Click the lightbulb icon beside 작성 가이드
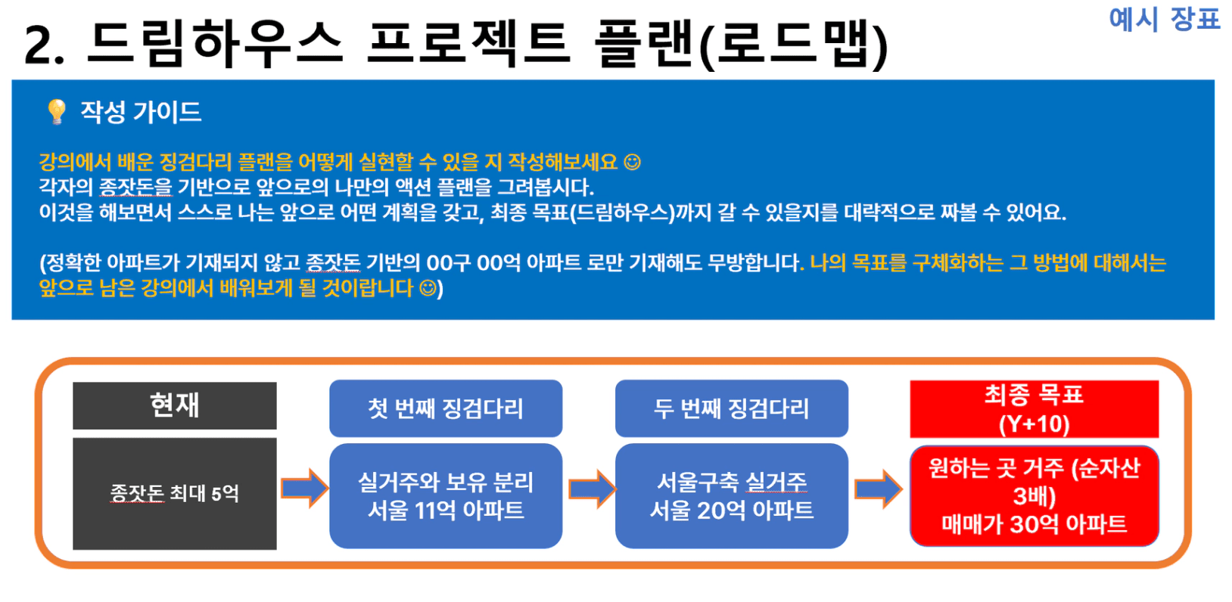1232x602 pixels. pyautogui.click(x=56, y=112)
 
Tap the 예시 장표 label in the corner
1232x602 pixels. pyautogui.click(x=1165, y=19)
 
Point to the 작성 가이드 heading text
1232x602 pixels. pyautogui.click(x=141, y=112)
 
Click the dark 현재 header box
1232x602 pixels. pyautogui.click(x=174, y=405)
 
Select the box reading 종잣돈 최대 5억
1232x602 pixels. pyautogui.click(x=174, y=494)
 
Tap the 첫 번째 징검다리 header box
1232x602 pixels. pyautogui.click(x=446, y=408)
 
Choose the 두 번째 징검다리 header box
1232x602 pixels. pyautogui.click(x=732, y=408)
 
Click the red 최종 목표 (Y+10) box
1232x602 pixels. pyautogui.click(x=1034, y=409)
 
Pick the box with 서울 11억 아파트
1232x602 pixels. pyautogui.click(x=446, y=496)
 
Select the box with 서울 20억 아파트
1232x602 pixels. pyautogui.click(x=732, y=496)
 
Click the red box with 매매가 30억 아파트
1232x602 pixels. pyautogui.click(x=1034, y=496)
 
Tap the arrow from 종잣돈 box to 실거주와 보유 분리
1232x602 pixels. pyautogui.click(x=304, y=488)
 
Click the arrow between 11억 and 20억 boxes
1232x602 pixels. pyautogui.click(x=592, y=489)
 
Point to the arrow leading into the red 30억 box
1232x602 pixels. pyautogui.click(x=878, y=489)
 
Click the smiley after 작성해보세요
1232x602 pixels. pyautogui.click(x=633, y=162)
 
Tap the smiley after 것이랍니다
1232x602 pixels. pyautogui.click(x=428, y=288)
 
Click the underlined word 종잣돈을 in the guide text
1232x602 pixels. pyautogui.click(x=135, y=187)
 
